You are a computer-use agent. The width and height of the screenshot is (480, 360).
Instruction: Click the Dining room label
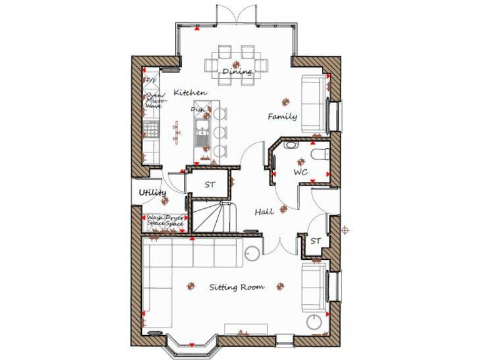pyautogui.click(x=237, y=72)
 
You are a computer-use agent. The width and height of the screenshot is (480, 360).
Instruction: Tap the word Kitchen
pyautogui.click(x=190, y=92)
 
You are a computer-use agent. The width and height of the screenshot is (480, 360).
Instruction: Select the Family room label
pyautogui.click(x=282, y=117)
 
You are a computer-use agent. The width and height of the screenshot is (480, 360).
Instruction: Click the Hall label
pyautogui.click(x=264, y=212)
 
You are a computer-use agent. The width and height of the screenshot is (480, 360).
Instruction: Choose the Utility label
pyautogui.click(x=152, y=192)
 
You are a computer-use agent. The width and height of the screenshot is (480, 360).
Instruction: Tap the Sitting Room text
pyautogui.click(x=236, y=287)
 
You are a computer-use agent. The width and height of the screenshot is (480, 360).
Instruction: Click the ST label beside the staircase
pyautogui.click(x=210, y=185)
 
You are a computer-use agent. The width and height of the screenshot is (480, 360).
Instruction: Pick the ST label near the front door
pyautogui.click(x=316, y=241)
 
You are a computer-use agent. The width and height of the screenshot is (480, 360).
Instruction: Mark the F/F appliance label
pyautogui.click(x=151, y=81)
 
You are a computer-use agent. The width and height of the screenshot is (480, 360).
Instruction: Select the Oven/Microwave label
pyautogui.click(x=153, y=101)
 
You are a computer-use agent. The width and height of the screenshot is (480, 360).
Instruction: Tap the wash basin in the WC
pyautogui.click(x=291, y=145)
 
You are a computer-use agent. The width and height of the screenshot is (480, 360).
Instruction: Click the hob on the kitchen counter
pyautogui.click(x=151, y=129)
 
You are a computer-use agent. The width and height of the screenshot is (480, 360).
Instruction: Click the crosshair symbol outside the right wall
pyautogui.click(x=344, y=231)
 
